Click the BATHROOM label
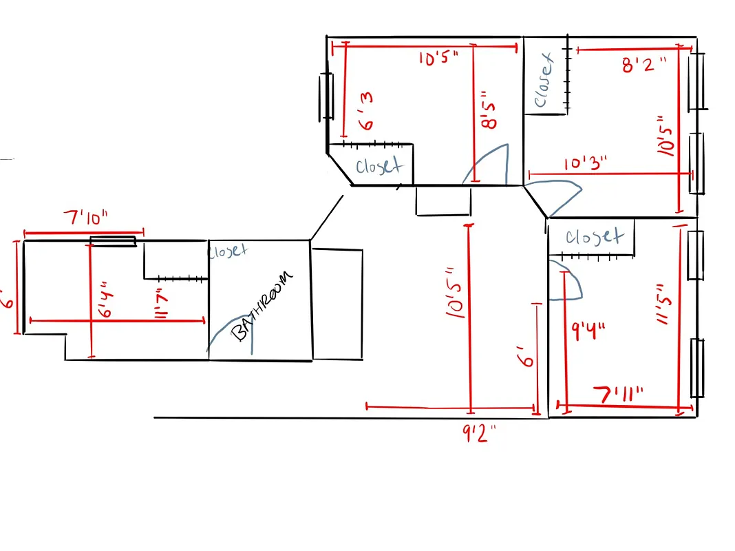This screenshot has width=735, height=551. [261, 306]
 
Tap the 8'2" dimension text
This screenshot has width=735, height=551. [643, 66]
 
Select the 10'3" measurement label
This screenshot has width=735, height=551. [586, 164]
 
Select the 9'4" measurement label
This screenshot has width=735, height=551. [588, 331]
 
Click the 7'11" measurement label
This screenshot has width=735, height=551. [620, 395]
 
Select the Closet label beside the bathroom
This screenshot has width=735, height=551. [227, 251]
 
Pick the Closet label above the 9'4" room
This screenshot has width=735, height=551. [594, 238]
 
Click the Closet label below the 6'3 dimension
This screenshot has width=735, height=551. [378, 167]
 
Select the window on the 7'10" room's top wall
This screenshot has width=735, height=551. [113, 241]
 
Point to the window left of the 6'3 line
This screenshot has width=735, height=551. [326, 96]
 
